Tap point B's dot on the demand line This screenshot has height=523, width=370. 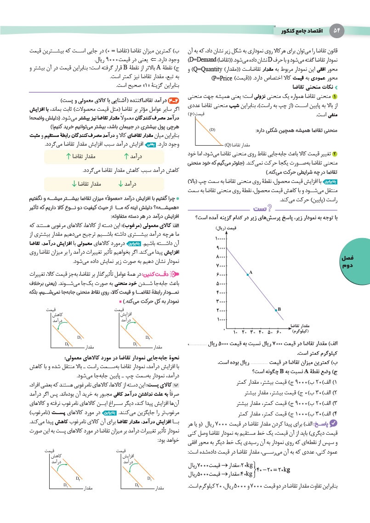coord(275,310)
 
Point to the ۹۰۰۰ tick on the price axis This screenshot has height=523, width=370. coord(220,248)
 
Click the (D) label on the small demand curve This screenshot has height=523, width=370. coord(213,130)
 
